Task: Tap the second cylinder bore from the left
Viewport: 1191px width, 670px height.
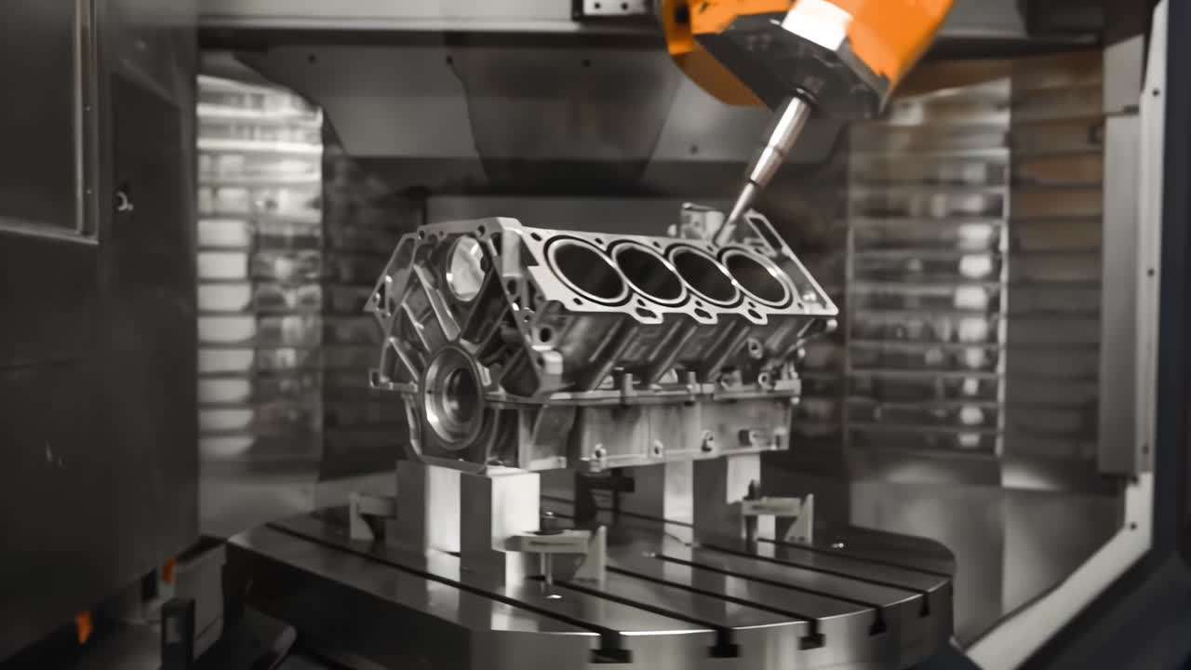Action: (648, 273)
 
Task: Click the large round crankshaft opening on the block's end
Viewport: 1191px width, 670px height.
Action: (453, 397)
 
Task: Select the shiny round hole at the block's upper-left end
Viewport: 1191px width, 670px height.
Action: (465, 268)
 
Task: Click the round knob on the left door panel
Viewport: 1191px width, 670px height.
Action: (122, 198)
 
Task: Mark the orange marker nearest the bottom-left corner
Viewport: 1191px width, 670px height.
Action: (85, 625)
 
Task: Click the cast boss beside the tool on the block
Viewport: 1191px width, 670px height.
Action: (698, 221)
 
